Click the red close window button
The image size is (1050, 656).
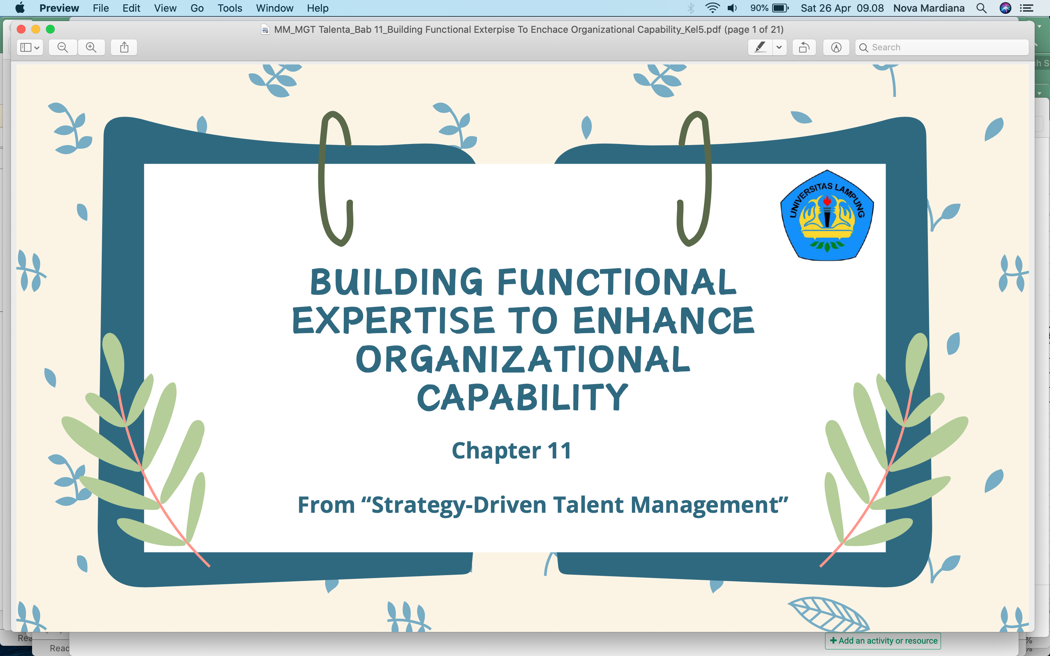[21, 29]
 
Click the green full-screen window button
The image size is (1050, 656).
[50, 29]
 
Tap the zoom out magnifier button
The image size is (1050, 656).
[63, 47]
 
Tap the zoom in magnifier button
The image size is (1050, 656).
[91, 47]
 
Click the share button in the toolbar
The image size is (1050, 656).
[124, 47]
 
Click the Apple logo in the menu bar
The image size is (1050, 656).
[20, 8]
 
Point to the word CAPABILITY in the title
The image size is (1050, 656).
[522, 397]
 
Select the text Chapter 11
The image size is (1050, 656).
[512, 451]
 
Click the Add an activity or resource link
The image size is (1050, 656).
[883, 641]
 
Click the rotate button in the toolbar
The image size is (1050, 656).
[804, 47]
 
